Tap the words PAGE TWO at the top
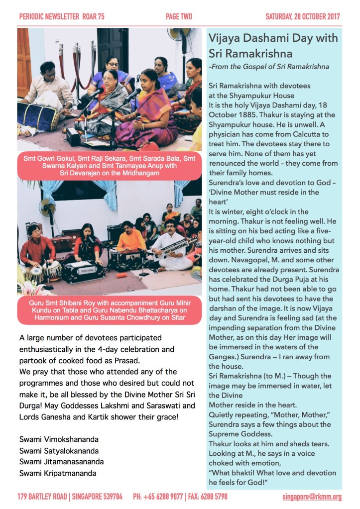pyautogui.click(x=178, y=16)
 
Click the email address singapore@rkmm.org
pyautogui.click(x=311, y=497)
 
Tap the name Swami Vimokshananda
pyautogui.click(x=59, y=439)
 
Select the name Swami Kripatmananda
pyautogui.click(x=58, y=473)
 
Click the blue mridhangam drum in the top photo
pyautogui.click(x=40, y=116)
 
